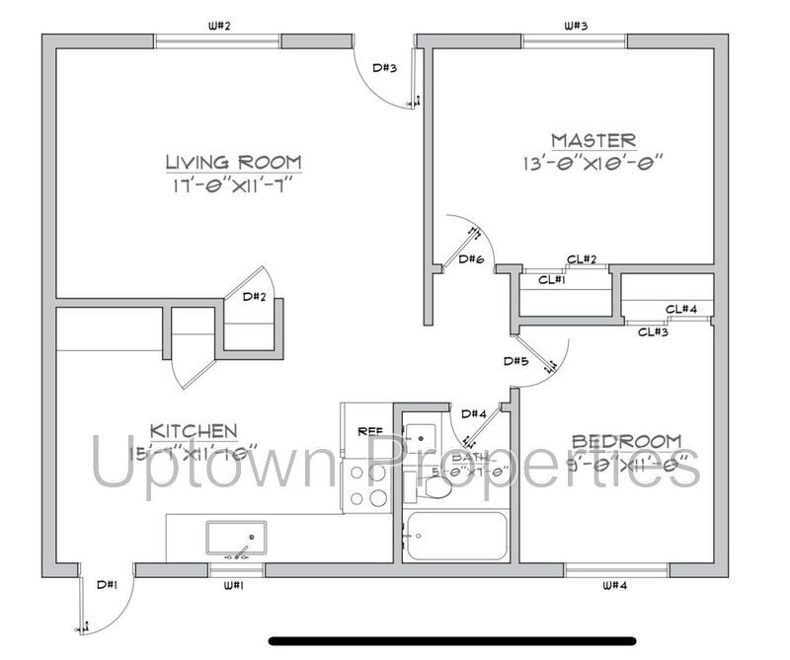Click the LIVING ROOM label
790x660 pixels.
(233, 162)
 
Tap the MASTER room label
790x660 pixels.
(593, 140)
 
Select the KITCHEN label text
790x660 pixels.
(194, 430)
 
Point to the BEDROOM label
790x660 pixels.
(627, 440)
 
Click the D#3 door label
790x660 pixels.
(384, 68)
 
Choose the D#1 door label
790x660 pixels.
(108, 584)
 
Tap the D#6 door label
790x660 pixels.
(471, 259)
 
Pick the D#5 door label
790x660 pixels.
(515, 361)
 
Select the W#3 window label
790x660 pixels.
(576, 26)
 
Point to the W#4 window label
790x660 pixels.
(615, 586)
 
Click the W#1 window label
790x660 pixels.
(234, 586)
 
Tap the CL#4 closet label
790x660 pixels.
(681, 309)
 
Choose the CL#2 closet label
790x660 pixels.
(582, 259)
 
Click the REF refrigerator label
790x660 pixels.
(370, 430)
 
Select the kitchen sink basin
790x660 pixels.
(236, 539)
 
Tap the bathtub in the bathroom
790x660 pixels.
(456, 537)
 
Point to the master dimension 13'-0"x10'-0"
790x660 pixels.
(593, 161)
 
